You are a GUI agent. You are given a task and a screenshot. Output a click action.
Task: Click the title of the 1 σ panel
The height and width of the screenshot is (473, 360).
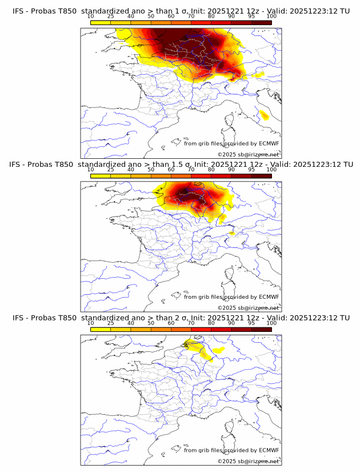coord(181,11)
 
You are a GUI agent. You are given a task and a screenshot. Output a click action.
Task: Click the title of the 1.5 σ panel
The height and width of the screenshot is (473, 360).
coord(181,165)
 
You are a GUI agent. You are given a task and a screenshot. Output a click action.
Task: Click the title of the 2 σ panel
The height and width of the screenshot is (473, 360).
coord(181,318)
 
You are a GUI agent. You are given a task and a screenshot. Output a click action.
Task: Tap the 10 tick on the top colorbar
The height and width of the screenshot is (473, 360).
coord(91,16)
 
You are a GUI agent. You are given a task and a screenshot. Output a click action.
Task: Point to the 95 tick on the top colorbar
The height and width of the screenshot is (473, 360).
coord(251,16)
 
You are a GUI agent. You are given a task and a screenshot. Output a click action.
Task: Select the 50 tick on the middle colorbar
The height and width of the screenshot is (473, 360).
coord(151,170)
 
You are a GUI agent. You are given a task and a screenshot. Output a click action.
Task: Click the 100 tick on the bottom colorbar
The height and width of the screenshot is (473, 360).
coord(271,323)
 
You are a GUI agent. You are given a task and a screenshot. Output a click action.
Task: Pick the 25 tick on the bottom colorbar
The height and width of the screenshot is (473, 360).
coord(111,323)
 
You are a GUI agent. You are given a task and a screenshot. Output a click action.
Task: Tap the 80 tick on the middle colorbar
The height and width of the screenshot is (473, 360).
coord(211,170)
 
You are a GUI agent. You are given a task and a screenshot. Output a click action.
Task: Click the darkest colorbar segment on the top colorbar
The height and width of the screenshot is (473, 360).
coord(261,22)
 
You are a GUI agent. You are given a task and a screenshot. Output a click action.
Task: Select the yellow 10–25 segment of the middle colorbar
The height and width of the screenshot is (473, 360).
coord(101,176)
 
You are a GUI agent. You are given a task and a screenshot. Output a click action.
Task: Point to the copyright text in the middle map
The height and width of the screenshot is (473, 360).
coord(248,308)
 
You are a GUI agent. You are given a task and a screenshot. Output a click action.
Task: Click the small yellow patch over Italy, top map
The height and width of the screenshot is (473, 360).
coord(264,115)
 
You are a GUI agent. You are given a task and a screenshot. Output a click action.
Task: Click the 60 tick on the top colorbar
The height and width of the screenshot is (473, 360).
coord(171,16)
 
